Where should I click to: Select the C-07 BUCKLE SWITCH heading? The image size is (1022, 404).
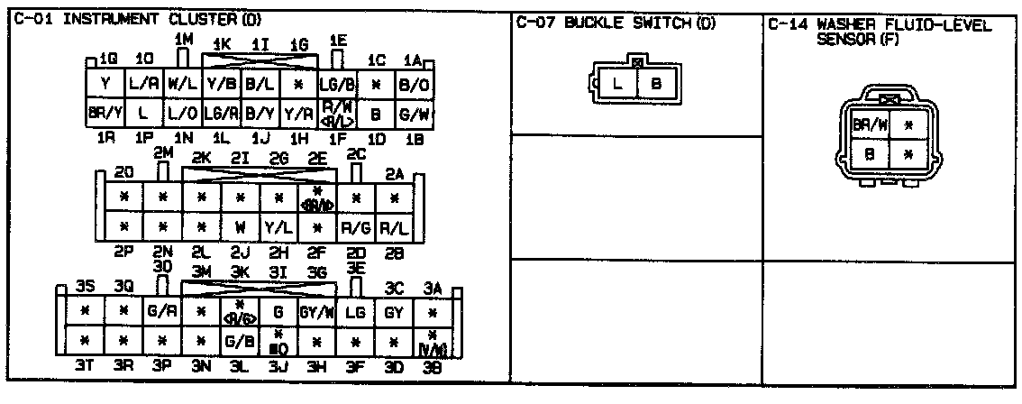coord(616,23)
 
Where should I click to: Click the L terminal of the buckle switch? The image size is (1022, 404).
coord(618,85)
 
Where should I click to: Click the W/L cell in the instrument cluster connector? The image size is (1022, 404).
coord(182,85)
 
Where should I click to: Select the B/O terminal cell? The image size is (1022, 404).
coord(414,85)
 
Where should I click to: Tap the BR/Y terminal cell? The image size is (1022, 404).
coord(105,114)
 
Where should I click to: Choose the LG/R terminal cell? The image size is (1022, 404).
coord(221,114)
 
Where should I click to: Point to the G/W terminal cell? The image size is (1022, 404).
coord(414,114)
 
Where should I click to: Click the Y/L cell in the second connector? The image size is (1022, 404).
coord(278,225)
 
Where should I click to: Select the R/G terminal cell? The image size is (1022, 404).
coord(356,225)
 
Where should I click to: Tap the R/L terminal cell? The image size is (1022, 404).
coord(394,225)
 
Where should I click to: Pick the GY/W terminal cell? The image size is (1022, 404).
coord(318,312)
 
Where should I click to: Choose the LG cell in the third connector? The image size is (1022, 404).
coord(356,312)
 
